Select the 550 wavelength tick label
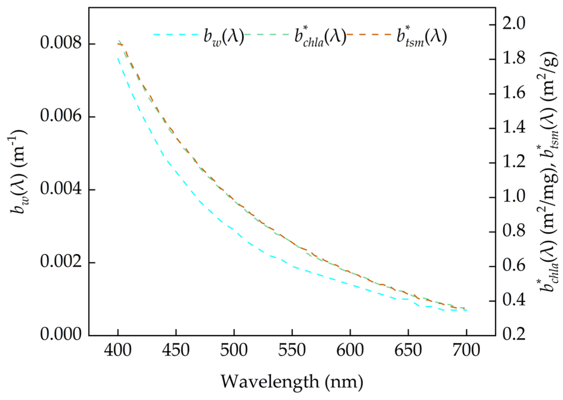[x=292, y=350]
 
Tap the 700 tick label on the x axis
[x=466, y=350]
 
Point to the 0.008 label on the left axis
[x=61, y=43]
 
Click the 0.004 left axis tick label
[x=61, y=189]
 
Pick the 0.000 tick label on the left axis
[x=61, y=334]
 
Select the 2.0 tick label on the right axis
[x=513, y=23]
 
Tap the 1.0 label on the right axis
[x=513, y=196]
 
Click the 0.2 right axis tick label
[x=513, y=334]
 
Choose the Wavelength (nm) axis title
[x=292, y=382]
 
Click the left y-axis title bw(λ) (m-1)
[x=19, y=172]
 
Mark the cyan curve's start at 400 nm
[x=118, y=59]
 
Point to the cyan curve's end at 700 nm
[x=466, y=310]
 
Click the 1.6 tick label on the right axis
[x=513, y=93]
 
